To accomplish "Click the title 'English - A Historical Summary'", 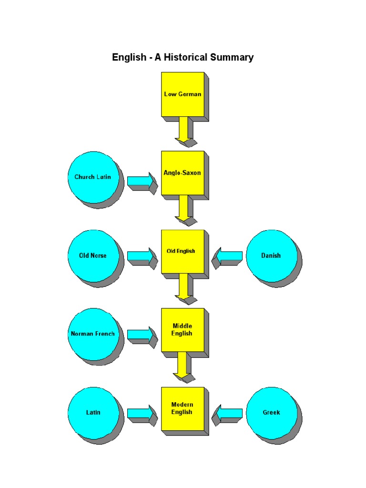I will click(183, 58).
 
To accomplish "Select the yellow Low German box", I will click(183, 94).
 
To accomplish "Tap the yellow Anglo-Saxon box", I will click(183, 173).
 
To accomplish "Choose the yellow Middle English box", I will click(183, 330).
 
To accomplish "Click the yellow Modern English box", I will click(183, 408).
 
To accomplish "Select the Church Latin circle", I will click(92, 177).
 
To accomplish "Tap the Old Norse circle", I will click(92, 255).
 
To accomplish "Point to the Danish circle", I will click(271, 255).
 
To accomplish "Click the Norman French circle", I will click(92, 334).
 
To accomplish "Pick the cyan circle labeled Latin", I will click(92, 412).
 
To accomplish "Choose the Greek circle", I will click(271, 412).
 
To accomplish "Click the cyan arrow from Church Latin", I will click(141, 182).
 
